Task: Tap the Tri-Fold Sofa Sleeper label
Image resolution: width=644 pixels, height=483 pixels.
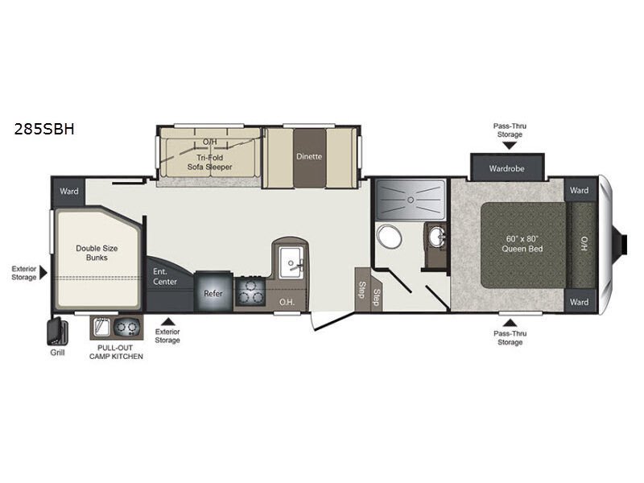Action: pos(209,162)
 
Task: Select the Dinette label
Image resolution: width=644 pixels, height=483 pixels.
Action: pos(309,156)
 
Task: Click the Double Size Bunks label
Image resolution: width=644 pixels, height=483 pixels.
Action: pos(92,253)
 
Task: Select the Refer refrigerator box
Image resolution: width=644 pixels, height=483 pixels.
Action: pos(213,294)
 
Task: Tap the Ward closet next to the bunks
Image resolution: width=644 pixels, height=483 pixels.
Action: pos(67,192)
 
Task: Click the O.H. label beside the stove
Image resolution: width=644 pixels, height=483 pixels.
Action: pos(286,302)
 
